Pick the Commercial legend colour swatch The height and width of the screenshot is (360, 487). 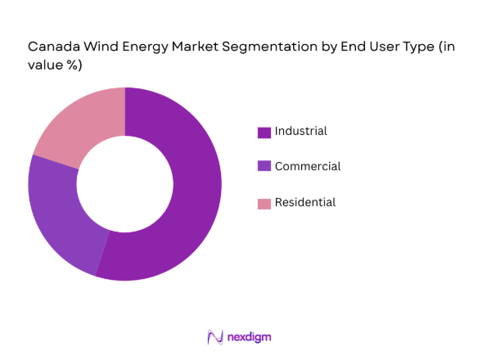coord(264,166)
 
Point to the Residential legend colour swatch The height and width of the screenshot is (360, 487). coord(264,203)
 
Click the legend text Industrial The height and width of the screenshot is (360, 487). coord(301,131)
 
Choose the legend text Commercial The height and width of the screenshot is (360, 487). coord(308,166)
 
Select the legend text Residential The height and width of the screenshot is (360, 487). coord(305,202)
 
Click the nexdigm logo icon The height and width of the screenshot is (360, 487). coord(216,336)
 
